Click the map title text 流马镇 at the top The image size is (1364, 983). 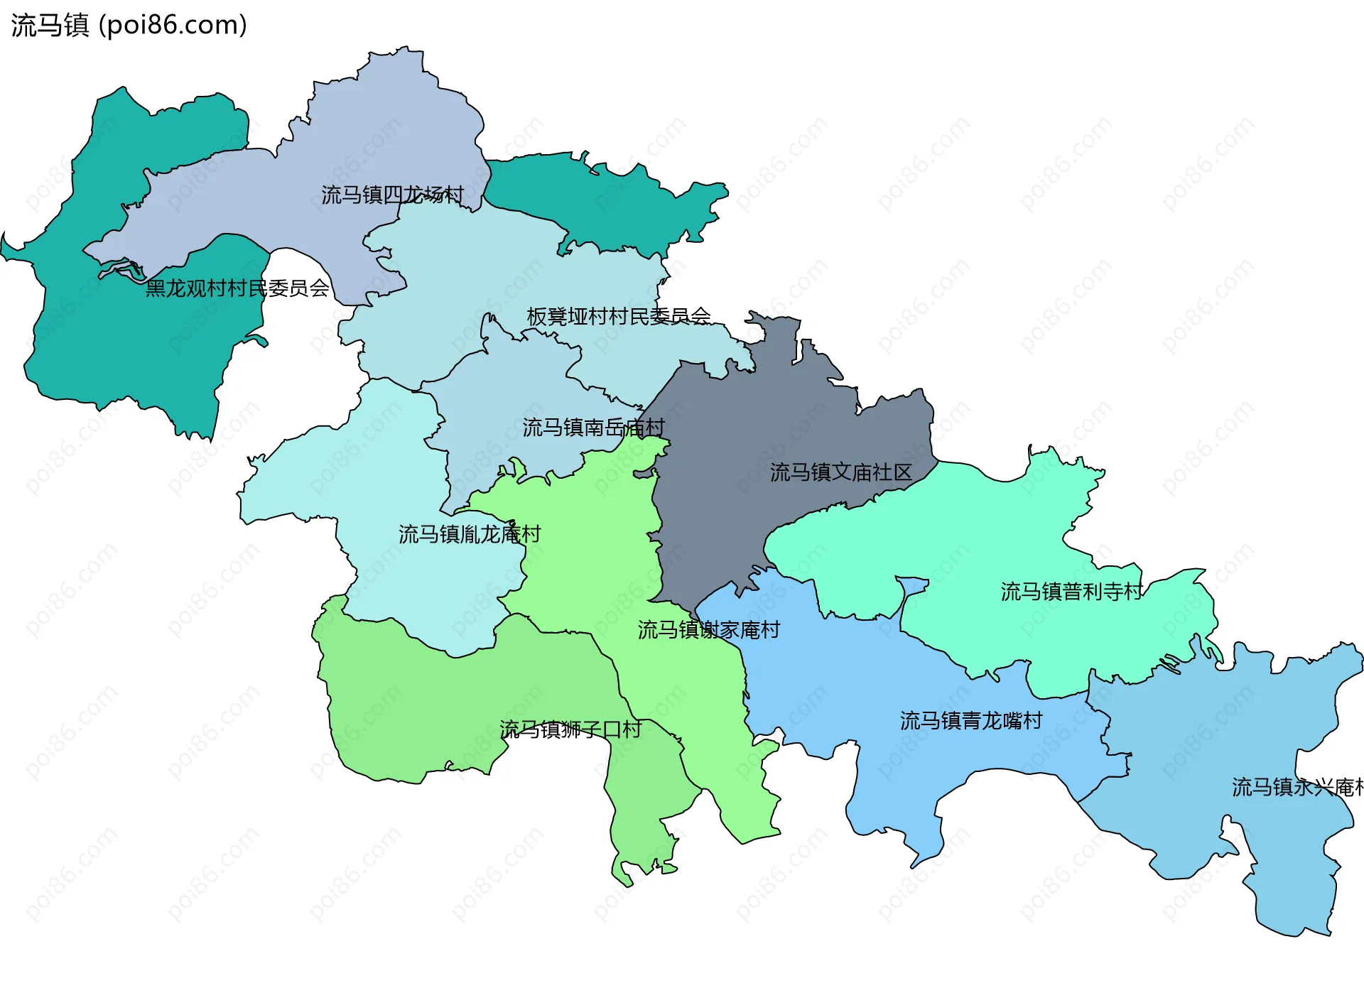50,26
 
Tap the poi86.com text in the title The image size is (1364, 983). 173,26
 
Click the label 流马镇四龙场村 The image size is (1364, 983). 392,195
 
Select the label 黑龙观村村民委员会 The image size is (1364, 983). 237,288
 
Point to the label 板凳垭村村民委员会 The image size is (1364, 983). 618,316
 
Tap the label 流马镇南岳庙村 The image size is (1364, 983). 593,428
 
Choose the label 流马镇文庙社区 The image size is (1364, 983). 840,472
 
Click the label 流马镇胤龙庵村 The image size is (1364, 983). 469,534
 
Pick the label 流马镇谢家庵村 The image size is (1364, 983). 708,630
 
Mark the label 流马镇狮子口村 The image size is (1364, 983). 570,729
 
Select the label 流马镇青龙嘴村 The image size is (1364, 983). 970,721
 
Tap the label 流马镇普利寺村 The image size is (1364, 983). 1071,592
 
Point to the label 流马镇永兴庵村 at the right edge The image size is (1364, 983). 1297,787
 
